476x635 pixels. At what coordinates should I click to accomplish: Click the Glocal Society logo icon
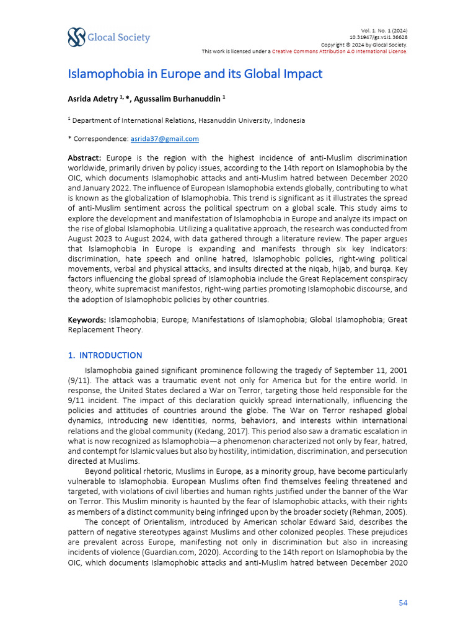(x=77, y=37)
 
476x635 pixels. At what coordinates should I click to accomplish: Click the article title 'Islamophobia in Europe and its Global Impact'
(x=195, y=74)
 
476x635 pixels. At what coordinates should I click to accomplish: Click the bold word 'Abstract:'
(x=84, y=158)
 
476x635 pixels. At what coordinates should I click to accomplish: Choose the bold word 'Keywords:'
(x=87, y=319)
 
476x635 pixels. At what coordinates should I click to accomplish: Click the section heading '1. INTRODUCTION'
(x=105, y=355)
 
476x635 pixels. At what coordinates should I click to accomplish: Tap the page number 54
(x=402, y=602)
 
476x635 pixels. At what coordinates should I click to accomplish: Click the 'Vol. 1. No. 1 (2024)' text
(x=384, y=31)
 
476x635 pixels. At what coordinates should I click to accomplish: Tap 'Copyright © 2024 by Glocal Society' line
(x=364, y=45)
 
